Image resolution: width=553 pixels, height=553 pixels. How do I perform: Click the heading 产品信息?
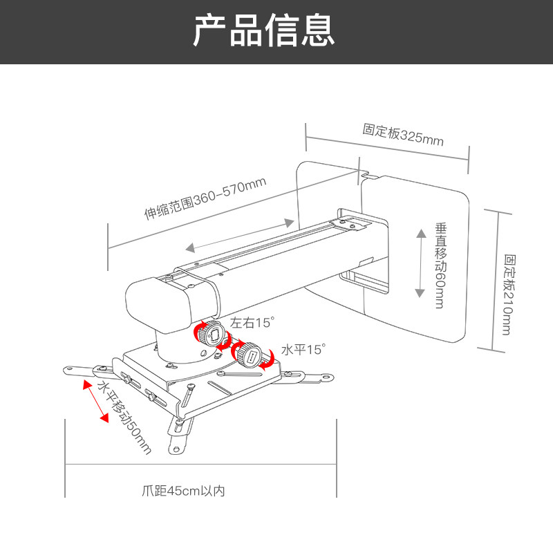[x=263, y=31]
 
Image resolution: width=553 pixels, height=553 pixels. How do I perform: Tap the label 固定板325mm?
[x=402, y=134]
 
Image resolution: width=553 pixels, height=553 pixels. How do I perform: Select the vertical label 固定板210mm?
[x=509, y=294]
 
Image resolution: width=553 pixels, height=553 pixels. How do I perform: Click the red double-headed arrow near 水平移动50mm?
[x=95, y=400]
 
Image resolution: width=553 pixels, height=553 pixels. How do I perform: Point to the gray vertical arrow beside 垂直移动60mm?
[x=420, y=263]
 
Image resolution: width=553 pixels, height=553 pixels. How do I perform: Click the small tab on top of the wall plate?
[x=370, y=177]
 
